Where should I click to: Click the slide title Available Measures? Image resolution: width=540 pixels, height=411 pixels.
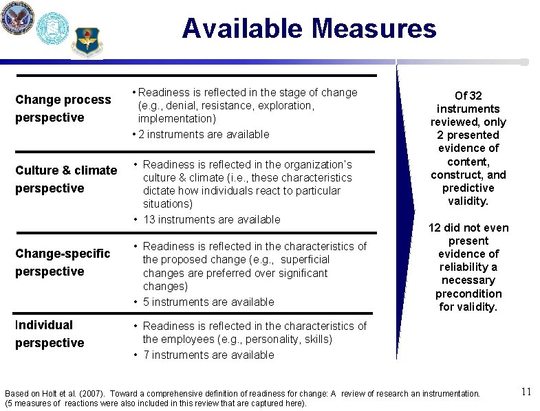[x=309, y=29]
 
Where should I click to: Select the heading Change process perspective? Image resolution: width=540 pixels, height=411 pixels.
[x=63, y=109]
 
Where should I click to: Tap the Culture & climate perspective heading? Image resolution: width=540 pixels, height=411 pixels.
[x=66, y=179]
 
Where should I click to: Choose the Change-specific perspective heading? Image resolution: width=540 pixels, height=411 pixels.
[x=63, y=262]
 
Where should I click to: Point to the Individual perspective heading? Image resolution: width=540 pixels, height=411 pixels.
[x=50, y=333]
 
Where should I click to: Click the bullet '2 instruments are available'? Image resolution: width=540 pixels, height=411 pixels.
[x=203, y=134]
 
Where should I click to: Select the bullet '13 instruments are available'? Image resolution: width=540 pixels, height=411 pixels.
[x=211, y=219]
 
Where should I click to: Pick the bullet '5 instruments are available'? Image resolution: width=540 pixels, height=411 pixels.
[x=208, y=302]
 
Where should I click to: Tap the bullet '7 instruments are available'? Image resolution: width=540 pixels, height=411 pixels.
[x=208, y=355]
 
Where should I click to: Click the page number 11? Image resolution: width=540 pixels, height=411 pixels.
[x=526, y=392]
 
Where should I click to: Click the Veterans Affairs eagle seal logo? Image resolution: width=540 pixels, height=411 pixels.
[x=17, y=18]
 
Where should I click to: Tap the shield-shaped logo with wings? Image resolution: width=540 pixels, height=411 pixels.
[x=87, y=41]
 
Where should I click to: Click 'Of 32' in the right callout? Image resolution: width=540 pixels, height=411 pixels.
[x=469, y=96]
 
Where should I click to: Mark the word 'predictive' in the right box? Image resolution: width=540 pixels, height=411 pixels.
[x=468, y=188]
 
